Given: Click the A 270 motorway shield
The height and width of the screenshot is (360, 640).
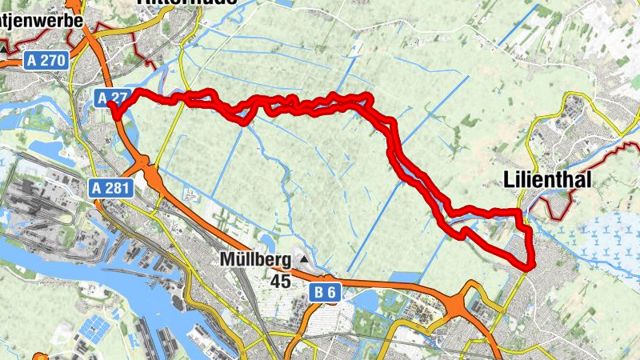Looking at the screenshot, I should click(43, 60).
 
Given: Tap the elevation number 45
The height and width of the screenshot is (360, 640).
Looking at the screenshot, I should click(280, 282).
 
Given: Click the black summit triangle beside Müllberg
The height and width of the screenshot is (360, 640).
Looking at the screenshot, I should click(304, 259).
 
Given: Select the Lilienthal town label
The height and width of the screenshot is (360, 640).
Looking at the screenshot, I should click(548, 181).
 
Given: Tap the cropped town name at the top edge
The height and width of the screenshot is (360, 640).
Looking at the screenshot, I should click(187, 2).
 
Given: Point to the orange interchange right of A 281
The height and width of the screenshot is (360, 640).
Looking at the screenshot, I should click(148, 169).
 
